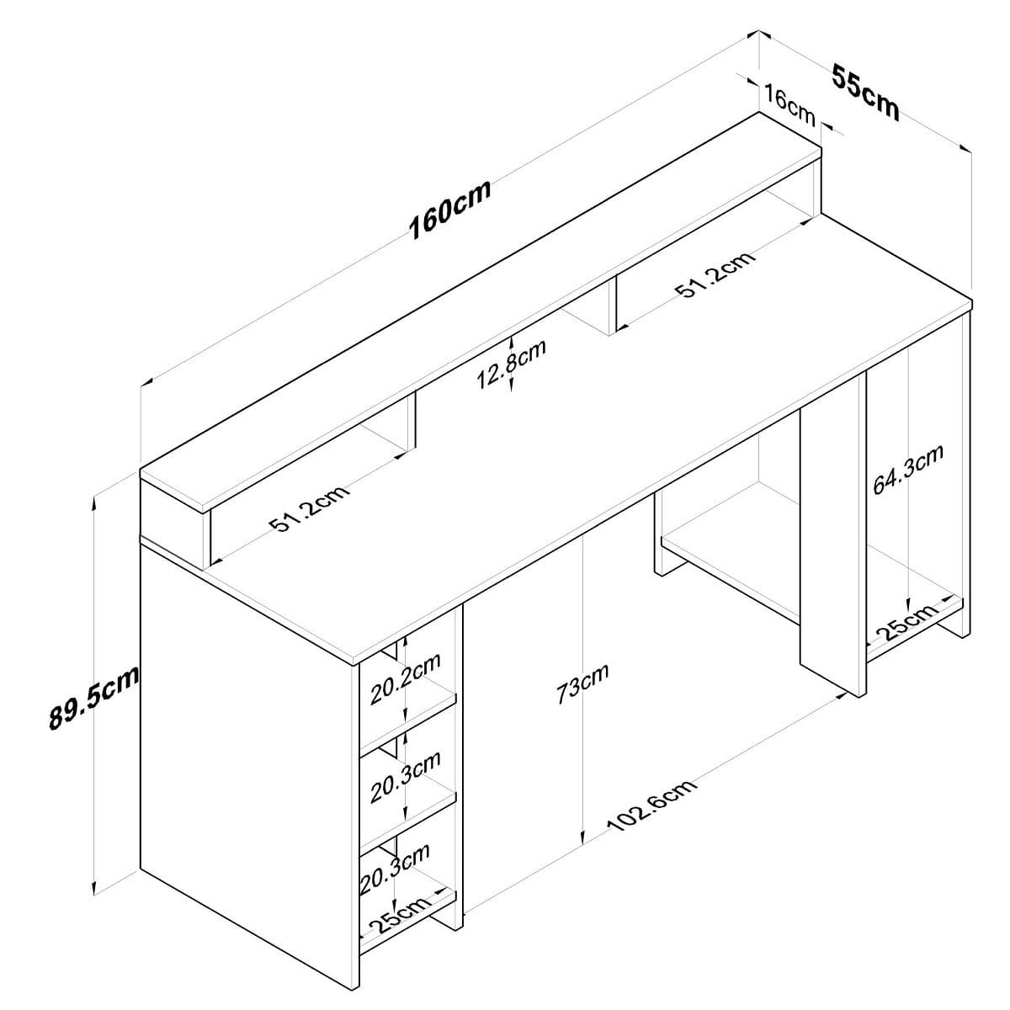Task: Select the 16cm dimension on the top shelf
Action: (790, 104)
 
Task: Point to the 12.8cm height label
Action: (512, 364)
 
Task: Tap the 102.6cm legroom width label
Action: (652, 805)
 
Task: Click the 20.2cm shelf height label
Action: (406, 678)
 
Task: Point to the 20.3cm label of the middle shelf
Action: (406, 776)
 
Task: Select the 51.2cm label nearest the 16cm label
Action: (715, 274)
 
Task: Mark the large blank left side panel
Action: (244, 757)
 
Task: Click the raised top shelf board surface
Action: (480, 311)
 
